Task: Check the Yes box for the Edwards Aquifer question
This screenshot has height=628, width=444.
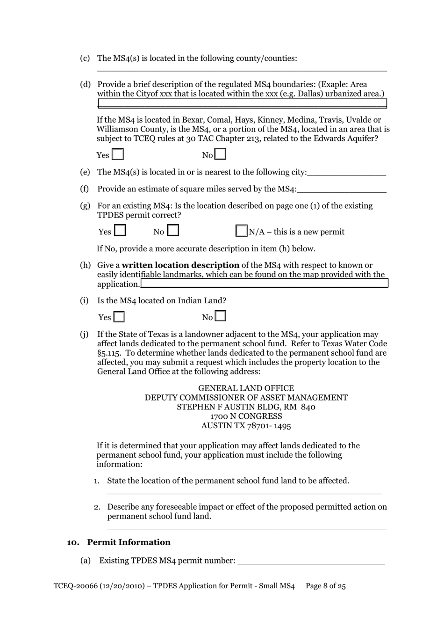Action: pos(118,154)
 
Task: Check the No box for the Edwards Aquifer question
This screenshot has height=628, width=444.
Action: pos(220,154)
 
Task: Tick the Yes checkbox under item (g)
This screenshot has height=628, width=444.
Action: pos(120,231)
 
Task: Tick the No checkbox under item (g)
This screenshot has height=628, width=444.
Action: pos(173,231)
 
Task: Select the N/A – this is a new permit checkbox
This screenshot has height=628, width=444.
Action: pos(241,231)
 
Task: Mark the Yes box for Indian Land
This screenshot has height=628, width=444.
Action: pos(119,317)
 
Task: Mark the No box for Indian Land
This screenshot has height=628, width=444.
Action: pos(221,316)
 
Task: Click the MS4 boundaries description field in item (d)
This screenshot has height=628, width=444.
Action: pos(242,103)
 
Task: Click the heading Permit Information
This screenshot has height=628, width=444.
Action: pos(129,542)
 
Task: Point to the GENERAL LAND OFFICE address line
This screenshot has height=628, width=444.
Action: pos(246,388)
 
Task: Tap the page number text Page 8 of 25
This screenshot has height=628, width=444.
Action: pos(325,586)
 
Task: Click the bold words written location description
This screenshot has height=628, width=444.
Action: pos(180,265)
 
